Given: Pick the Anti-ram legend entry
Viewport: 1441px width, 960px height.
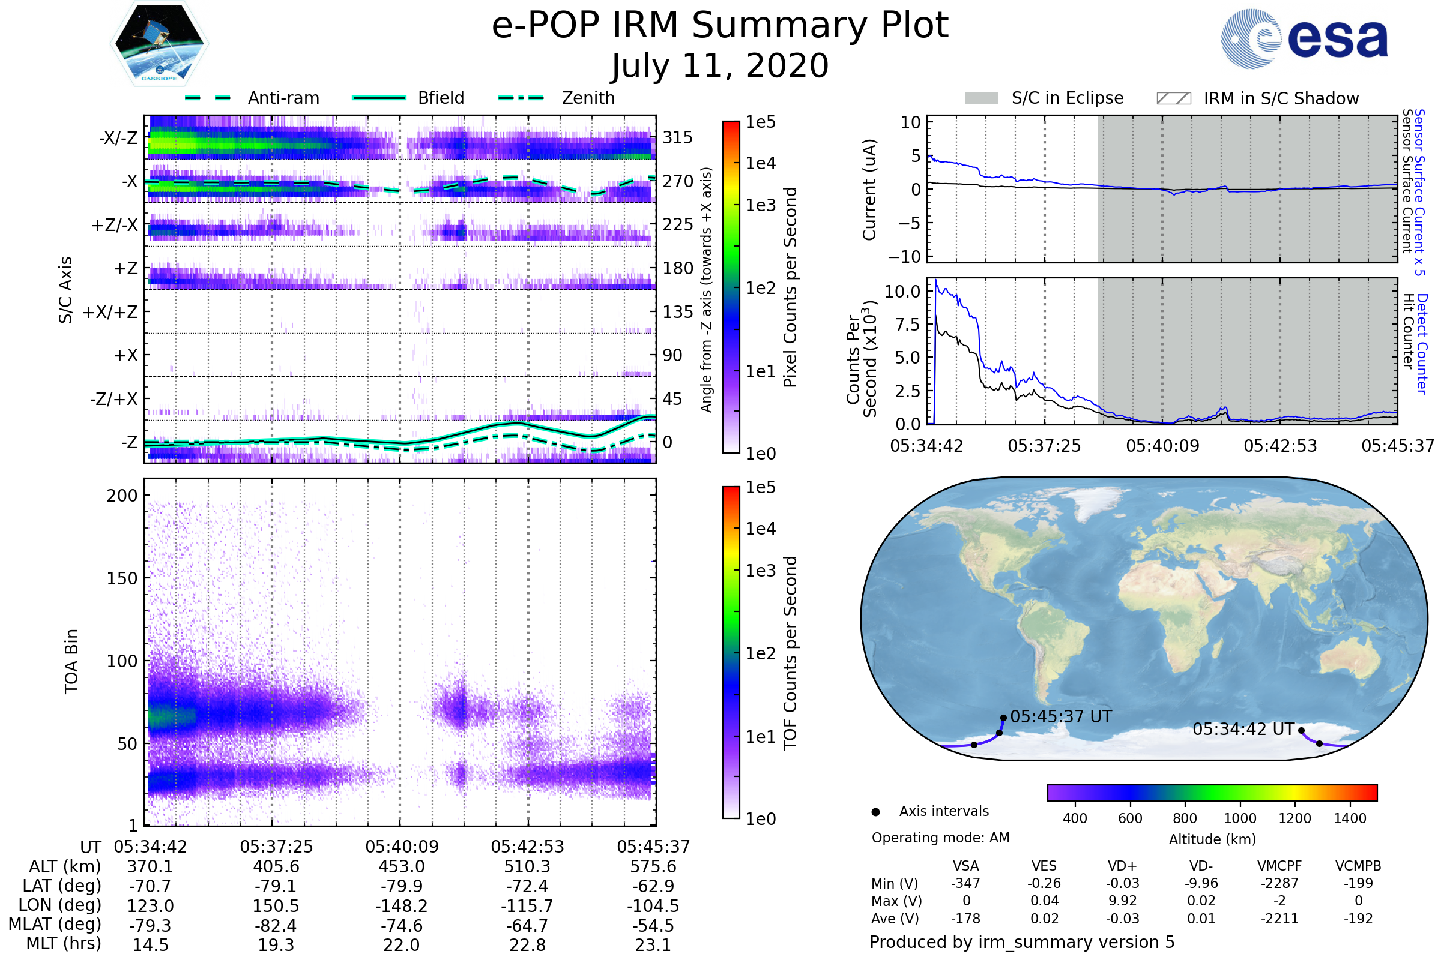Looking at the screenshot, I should pos(252,98).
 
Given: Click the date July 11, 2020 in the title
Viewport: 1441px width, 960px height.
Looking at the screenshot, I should pos(720,66).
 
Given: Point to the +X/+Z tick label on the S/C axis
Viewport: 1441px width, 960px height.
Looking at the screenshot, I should pos(110,312).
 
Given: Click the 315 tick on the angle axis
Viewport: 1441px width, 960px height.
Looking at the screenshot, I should pos(677,137).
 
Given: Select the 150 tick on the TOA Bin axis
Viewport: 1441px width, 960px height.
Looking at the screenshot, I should pos(122,578).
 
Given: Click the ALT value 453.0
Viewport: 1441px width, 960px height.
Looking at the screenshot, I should pos(401,867).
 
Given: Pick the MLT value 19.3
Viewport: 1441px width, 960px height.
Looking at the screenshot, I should pos(276,944).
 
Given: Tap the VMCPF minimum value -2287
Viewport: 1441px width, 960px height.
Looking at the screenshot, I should pos(1279,883).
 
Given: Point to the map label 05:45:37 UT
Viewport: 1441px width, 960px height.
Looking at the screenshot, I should pos(1060,717).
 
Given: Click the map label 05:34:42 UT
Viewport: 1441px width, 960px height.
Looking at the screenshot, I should pos(1243,730).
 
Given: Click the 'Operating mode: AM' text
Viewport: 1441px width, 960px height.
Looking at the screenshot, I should pos(940,838).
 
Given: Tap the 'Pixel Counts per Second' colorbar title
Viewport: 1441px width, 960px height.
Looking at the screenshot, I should pos(790,287).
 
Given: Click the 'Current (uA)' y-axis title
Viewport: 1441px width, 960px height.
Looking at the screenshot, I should pos(869,190).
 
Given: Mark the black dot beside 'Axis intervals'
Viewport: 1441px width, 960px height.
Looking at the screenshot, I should pos(875,812).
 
